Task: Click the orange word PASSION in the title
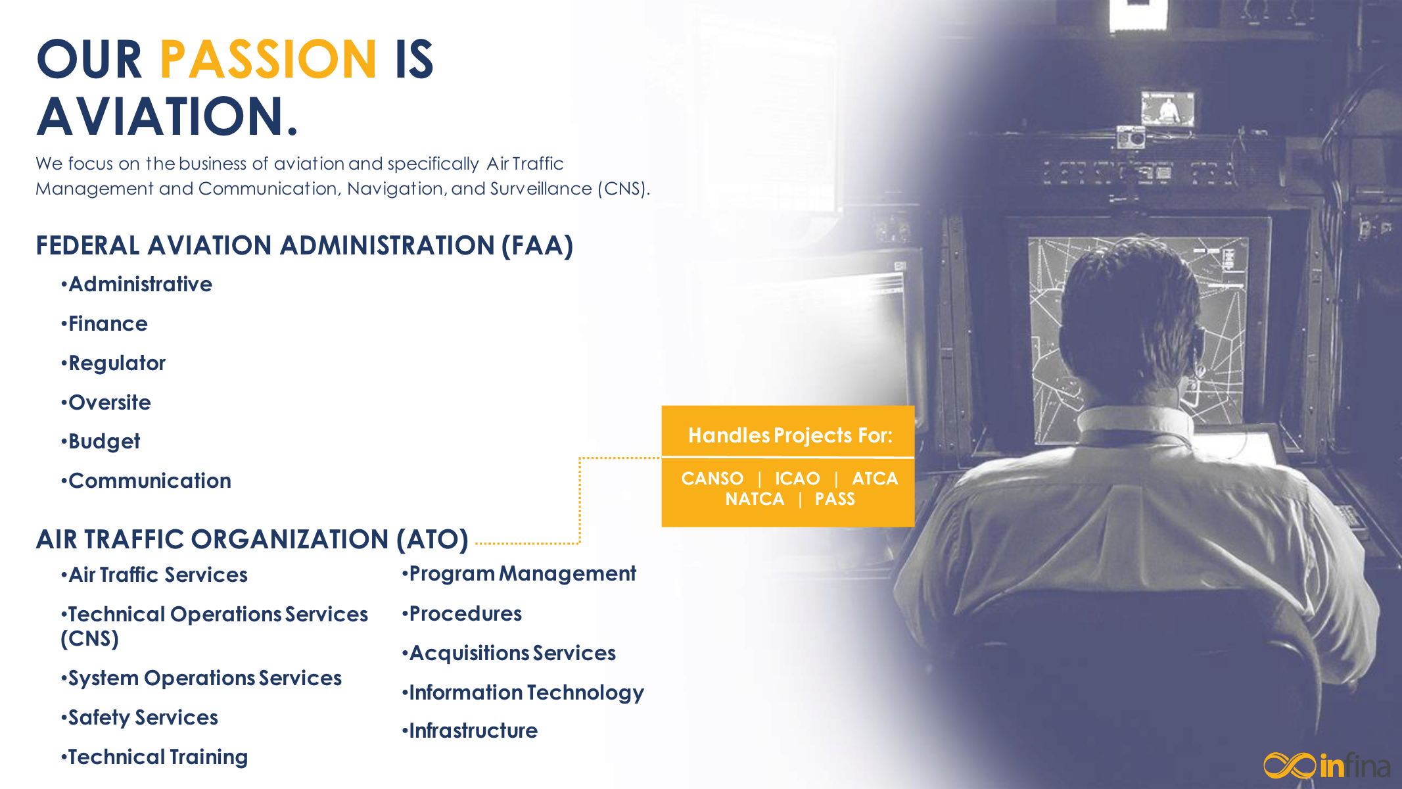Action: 268,59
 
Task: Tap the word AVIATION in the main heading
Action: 168,116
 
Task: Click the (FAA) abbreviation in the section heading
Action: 537,246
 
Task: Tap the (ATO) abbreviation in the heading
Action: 432,540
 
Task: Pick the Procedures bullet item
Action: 461,613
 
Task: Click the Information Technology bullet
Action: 523,693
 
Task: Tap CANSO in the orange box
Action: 712,478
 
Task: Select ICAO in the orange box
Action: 797,478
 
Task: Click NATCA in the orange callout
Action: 755,499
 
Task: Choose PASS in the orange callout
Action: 835,499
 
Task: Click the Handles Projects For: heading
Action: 790,435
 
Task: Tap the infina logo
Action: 1326,765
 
